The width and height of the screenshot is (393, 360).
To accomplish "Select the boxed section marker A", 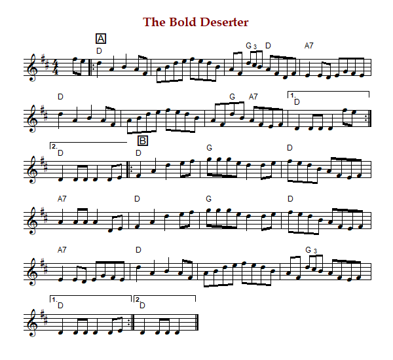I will [x=101, y=39].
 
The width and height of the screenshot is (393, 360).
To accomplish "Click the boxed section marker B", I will [x=143, y=140].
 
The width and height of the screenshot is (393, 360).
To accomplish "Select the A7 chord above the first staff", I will [x=309, y=46].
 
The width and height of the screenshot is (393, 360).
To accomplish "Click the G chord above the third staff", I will [x=210, y=147].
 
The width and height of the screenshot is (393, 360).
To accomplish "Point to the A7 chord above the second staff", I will [x=253, y=97].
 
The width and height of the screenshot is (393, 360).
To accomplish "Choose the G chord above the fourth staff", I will [x=210, y=198].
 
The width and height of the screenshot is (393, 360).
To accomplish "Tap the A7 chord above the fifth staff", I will [x=63, y=249].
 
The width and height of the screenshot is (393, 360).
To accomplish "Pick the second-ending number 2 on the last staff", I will [x=138, y=299].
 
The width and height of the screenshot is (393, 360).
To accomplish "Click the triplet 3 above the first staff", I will [x=255, y=46].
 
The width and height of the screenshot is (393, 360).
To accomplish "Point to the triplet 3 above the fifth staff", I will [x=314, y=250].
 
